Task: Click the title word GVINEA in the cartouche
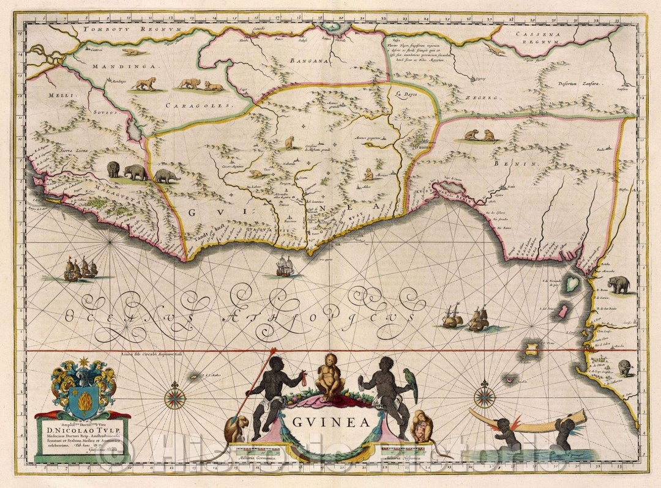pyautogui.click(x=330, y=421)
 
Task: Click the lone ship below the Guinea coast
pyautogui.click(x=285, y=265)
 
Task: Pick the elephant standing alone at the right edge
pyautogui.click(x=619, y=284)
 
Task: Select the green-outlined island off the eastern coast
pyautogui.click(x=573, y=283)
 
